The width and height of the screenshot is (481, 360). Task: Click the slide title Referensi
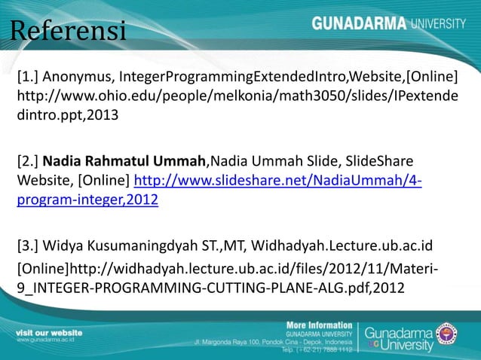tap(68, 32)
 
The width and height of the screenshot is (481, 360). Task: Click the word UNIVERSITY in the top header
tap(438, 23)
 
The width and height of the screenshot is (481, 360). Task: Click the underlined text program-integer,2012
tap(87, 202)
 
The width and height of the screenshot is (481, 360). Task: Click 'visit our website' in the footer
tap(50, 332)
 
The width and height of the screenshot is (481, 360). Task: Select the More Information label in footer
tap(319, 325)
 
